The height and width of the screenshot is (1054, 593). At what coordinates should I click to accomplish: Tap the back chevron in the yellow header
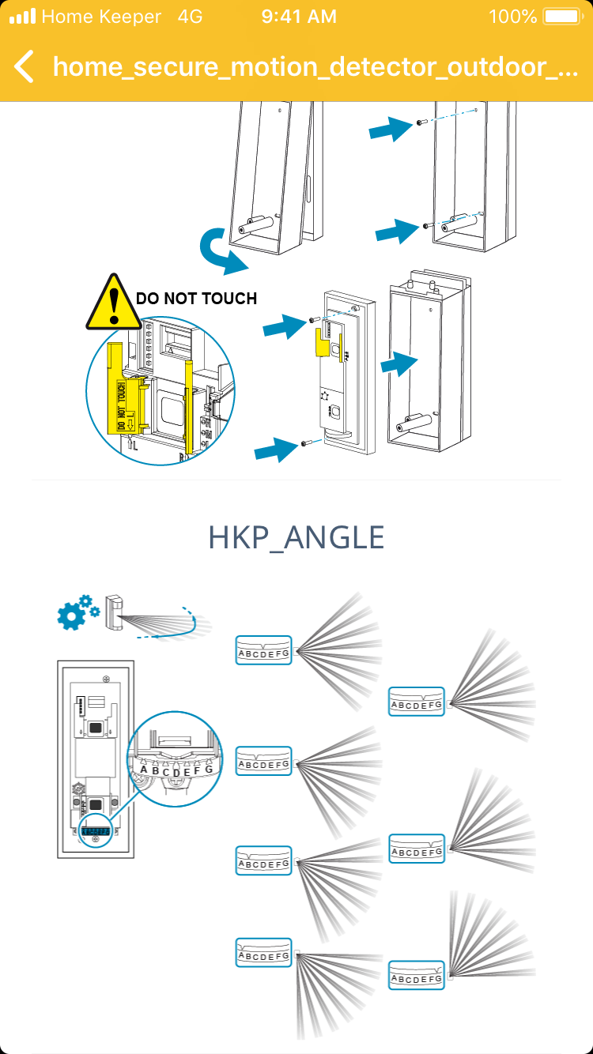pyautogui.click(x=25, y=66)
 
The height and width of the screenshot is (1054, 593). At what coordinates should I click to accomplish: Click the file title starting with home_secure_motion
pyautogui.click(x=315, y=66)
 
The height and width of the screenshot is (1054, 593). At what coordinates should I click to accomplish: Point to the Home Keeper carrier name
pyautogui.click(x=101, y=17)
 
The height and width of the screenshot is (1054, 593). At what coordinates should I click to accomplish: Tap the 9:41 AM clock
pyautogui.click(x=299, y=17)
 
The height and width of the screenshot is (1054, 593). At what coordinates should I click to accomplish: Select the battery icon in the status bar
pyautogui.click(x=562, y=17)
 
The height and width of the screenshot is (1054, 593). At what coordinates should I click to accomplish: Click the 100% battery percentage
pyautogui.click(x=512, y=17)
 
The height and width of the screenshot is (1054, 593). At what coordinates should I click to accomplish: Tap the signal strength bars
pyautogui.click(x=22, y=17)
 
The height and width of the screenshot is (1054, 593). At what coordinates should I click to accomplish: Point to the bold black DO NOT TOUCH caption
pyautogui.click(x=196, y=299)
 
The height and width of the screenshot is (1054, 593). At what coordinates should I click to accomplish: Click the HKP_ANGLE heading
pyautogui.click(x=296, y=537)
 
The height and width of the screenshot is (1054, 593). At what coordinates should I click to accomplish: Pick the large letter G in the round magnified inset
pyautogui.click(x=209, y=769)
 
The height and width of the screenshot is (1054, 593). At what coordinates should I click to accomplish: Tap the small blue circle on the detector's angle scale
pyautogui.click(x=95, y=832)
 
